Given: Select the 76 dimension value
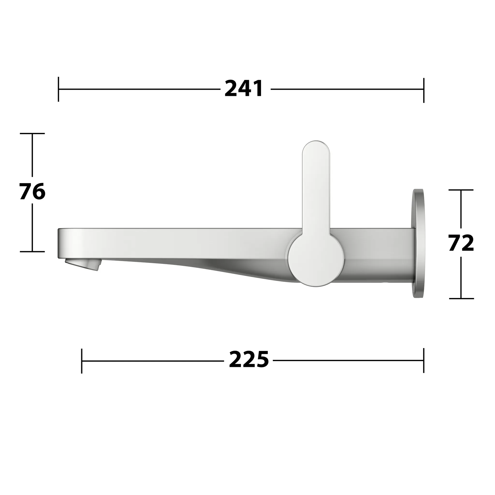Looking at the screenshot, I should (32, 192).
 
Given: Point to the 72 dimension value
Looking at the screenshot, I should (461, 243).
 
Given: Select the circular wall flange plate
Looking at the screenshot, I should (418, 243).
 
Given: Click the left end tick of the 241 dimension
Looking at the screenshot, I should (58, 89).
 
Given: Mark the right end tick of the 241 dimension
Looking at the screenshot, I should (424, 90).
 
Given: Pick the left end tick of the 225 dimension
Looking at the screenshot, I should (81, 361).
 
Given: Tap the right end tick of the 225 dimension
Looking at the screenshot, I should (424, 360).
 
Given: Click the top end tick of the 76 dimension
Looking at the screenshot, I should (32, 133).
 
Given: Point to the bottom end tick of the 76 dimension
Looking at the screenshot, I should (32, 252).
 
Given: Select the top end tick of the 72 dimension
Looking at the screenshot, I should (461, 190).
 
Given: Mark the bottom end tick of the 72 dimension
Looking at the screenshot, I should (461, 298).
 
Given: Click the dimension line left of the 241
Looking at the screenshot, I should (138, 89).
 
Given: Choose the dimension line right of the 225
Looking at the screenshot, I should (349, 360).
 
